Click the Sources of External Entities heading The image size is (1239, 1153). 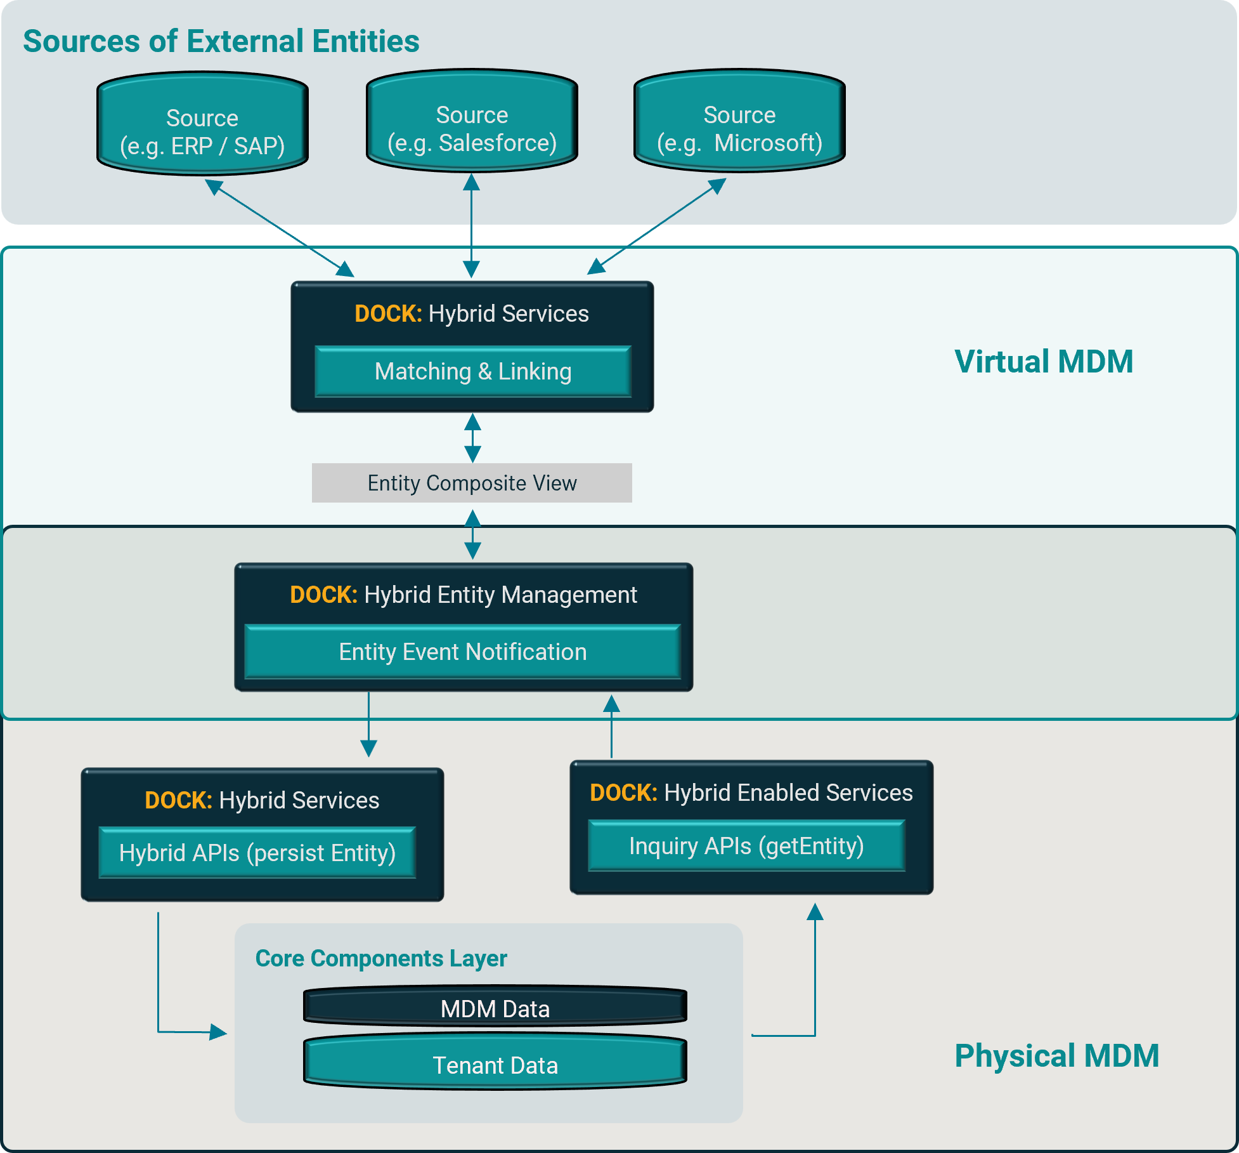(x=221, y=41)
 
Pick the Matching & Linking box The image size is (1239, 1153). (x=473, y=372)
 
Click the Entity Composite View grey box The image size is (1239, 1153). (x=472, y=483)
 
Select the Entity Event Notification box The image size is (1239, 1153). (x=463, y=652)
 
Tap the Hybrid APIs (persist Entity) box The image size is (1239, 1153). (x=257, y=853)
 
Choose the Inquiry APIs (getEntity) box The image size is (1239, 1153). (x=746, y=846)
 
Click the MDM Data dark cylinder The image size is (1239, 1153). (x=495, y=1007)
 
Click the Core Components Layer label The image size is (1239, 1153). (x=381, y=958)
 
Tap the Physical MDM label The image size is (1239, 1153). (x=1056, y=1056)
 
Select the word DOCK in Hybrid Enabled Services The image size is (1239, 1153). (x=623, y=793)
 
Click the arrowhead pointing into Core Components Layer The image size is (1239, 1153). (x=217, y=1032)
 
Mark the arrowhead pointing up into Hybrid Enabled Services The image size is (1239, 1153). (x=815, y=913)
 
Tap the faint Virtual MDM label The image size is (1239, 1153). (x=1044, y=362)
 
